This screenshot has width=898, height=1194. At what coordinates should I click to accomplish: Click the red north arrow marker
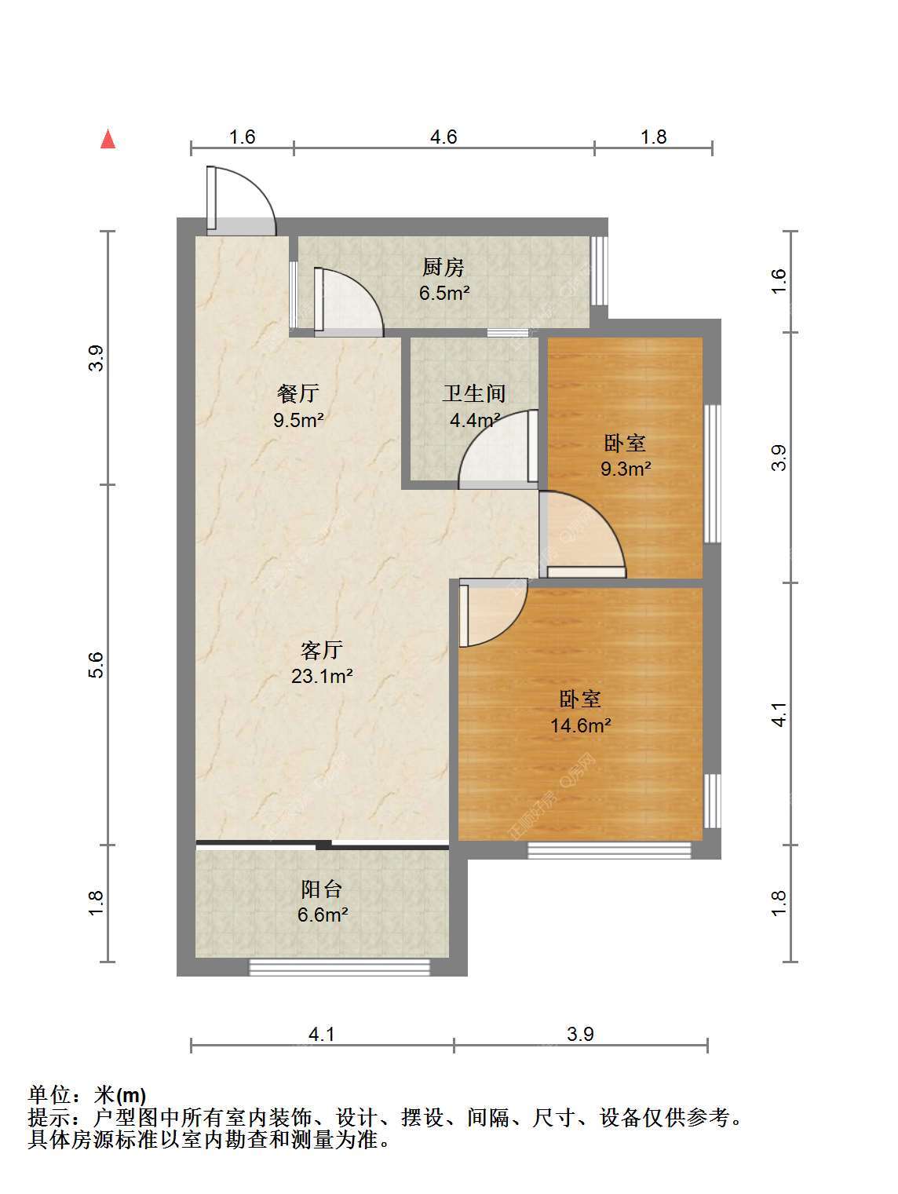[x=108, y=139]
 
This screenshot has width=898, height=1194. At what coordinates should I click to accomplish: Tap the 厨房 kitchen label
[x=444, y=267]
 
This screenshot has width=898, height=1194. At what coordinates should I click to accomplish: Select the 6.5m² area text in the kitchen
[x=444, y=293]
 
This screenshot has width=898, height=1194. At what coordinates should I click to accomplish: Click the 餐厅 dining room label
[x=298, y=393]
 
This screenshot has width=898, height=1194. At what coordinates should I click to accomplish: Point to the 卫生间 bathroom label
[x=474, y=393]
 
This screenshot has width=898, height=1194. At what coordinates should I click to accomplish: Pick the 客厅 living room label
[x=322, y=649]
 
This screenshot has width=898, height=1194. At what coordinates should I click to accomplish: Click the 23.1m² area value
[x=322, y=676]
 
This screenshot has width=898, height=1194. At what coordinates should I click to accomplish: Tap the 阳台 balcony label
[x=322, y=889]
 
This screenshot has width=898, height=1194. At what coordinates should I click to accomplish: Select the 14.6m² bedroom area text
[x=580, y=725]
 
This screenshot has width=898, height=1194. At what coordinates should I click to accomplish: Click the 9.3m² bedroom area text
[x=626, y=469]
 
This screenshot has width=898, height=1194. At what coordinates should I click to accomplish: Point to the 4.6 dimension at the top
[x=444, y=137]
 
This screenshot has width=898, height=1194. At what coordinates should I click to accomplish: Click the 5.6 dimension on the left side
[x=96, y=664]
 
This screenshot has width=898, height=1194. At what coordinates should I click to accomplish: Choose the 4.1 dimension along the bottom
[x=322, y=1034]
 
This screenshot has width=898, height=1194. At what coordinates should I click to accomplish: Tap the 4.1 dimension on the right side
[x=779, y=714]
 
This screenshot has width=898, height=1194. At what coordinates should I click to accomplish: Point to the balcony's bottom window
[x=339, y=966]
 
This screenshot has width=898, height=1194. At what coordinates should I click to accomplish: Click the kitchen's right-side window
[x=599, y=270]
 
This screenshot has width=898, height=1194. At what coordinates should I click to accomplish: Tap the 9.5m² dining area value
[x=298, y=420]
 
